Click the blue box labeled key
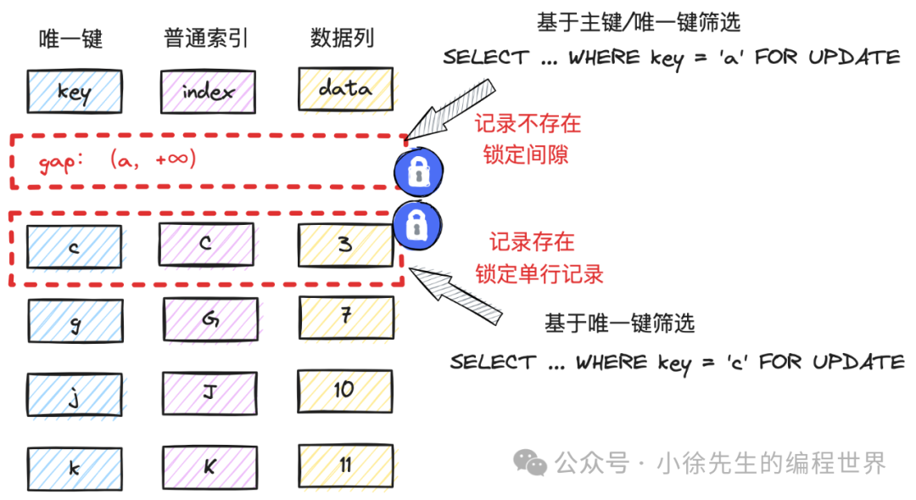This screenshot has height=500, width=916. (74, 91)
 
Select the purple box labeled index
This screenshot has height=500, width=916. (207, 91)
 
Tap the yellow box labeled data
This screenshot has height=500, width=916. (345, 89)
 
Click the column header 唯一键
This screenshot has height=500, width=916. (71, 39)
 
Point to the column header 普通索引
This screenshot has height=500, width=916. (206, 38)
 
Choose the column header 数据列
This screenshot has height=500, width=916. (342, 38)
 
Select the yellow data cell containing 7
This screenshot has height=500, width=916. (345, 317)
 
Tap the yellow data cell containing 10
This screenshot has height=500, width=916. (343, 390)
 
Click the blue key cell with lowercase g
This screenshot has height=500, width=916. (75, 322)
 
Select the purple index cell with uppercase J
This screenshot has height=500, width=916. (209, 392)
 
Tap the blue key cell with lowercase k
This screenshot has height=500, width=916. (75, 467)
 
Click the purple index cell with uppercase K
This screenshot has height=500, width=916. (209, 465)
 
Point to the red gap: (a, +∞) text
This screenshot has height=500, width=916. (117, 160)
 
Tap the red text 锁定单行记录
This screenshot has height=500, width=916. (539, 273)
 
